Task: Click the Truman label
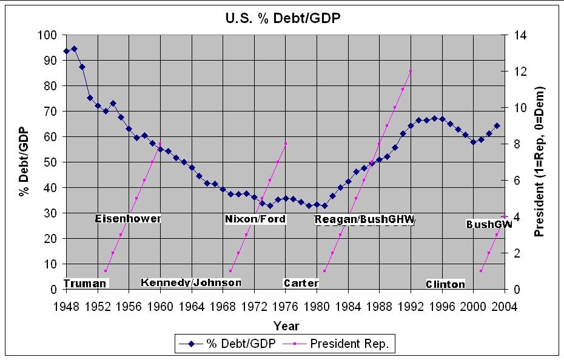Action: (84, 283)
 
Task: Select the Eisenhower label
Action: (128, 218)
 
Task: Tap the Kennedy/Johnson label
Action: (191, 282)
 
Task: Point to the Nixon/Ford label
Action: (255, 219)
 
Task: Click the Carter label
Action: (301, 283)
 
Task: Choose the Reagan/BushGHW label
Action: (365, 219)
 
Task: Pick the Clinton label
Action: (445, 284)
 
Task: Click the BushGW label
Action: (489, 224)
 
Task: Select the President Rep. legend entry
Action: (352, 344)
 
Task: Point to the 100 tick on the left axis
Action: (49, 35)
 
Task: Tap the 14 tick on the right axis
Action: (520, 35)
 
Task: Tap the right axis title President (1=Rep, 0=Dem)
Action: (539, 162)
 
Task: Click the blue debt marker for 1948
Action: (67, 51)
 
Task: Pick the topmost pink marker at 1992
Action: (411, 71)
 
